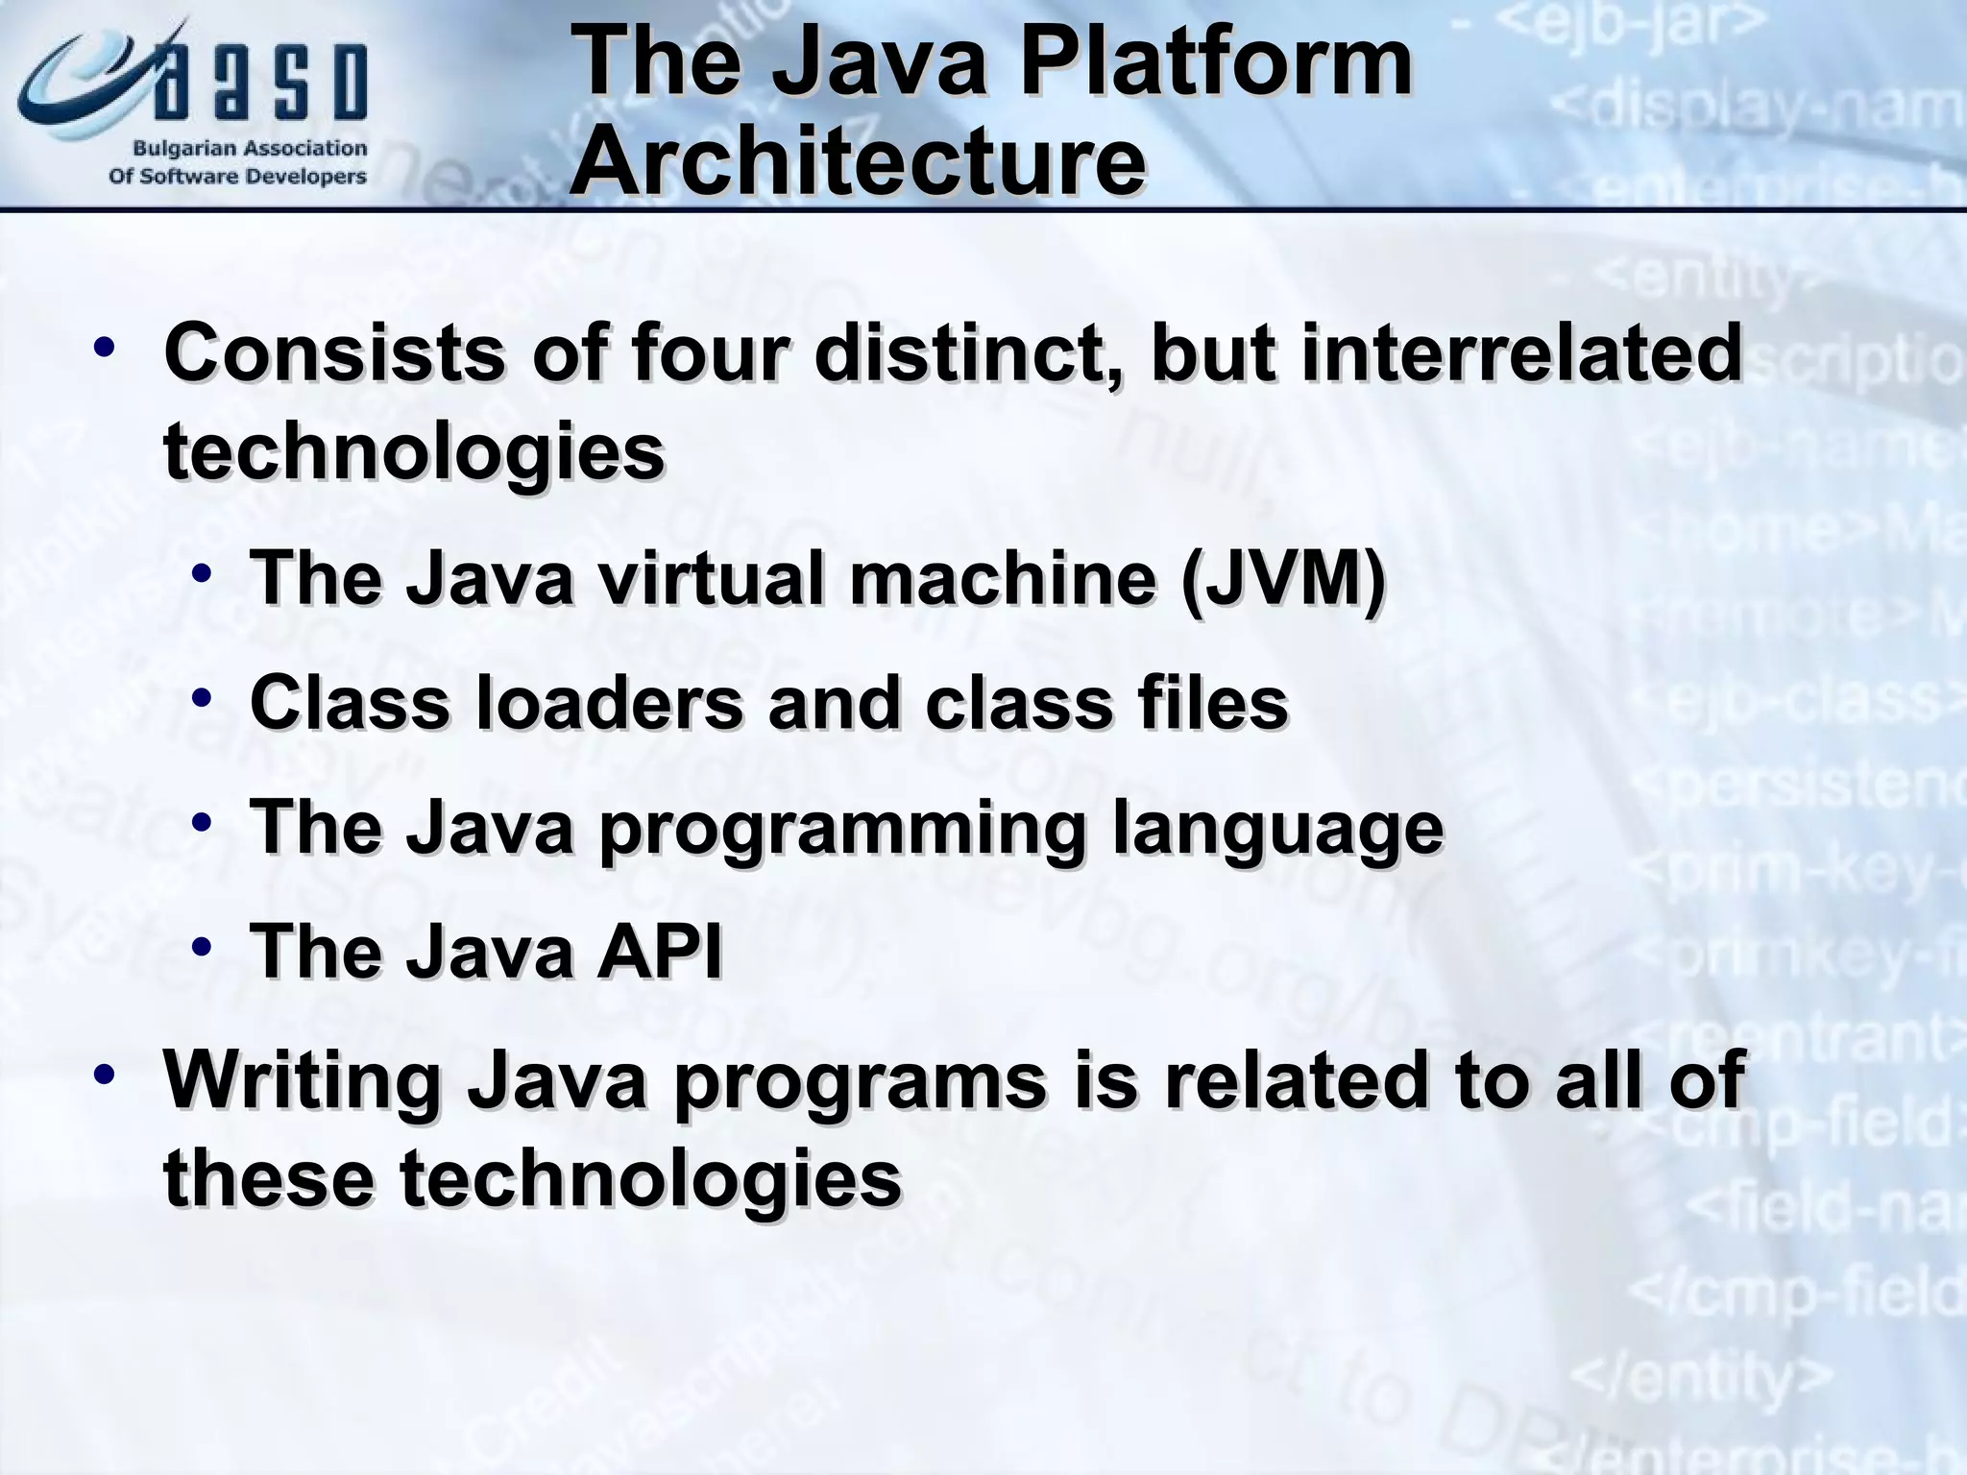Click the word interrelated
1521,353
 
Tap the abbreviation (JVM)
1282,579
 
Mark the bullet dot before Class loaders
202,698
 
